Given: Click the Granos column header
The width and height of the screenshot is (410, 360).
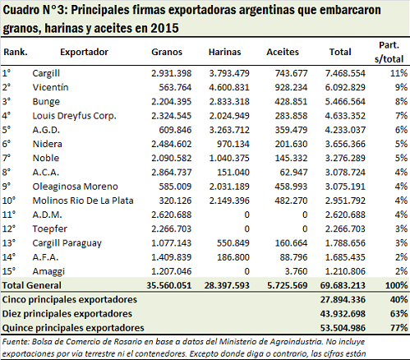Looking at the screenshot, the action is (x=167, y=52).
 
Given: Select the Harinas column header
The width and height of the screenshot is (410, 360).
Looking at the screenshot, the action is (x=225, y=52).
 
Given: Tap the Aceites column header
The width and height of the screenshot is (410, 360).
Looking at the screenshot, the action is (x=283, y=52).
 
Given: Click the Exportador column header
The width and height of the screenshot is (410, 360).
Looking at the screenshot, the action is (x=85, y=52).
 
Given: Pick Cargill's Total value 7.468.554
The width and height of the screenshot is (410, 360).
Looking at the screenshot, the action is (x=345, y=73).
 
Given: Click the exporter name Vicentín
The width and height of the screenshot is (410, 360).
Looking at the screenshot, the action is (x=50, y=87).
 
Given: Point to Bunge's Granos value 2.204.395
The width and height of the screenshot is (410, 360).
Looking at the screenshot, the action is (x=172, y=102).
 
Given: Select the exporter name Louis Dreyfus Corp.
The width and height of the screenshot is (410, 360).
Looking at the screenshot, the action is (x=74, y=116).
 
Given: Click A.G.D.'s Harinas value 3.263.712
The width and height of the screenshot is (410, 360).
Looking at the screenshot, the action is (x=229, y=130).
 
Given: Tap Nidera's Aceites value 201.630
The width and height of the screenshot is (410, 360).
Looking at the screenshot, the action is (x=292, y=144).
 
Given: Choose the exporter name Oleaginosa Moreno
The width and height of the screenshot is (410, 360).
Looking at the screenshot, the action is (x=75, y=187).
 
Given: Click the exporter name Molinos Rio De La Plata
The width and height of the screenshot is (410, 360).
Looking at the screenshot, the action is (x=83, y=201).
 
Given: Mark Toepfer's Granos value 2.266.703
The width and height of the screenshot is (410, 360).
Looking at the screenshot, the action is (x=172, y=229).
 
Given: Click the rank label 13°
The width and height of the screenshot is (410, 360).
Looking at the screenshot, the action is (x=9, y=243).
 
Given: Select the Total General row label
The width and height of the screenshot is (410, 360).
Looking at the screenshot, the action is (x=32, y=285).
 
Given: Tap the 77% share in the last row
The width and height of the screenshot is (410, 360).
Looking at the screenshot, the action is (x=399, y=328).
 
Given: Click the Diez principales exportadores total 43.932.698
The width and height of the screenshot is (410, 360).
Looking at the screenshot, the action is (x=343, y=314).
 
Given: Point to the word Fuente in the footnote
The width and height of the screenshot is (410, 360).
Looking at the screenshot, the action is (x=16, y=342).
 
